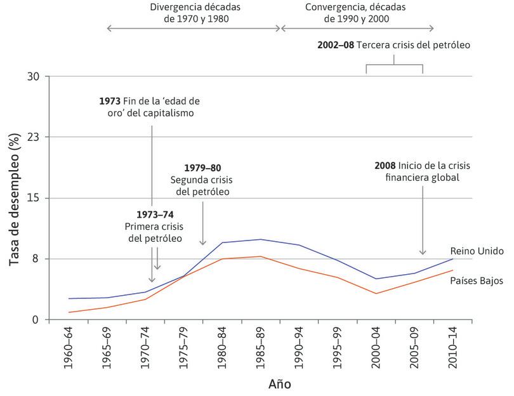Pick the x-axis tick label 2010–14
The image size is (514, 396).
(451, 349)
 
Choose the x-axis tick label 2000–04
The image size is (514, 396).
(375, 349)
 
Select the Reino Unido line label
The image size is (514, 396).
(477, 251)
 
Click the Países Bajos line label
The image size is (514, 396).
(477, 280)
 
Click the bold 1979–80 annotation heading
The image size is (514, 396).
(202, 168)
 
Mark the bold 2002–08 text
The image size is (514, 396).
(336, 46)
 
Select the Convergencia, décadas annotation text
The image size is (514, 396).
(355, 8)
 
